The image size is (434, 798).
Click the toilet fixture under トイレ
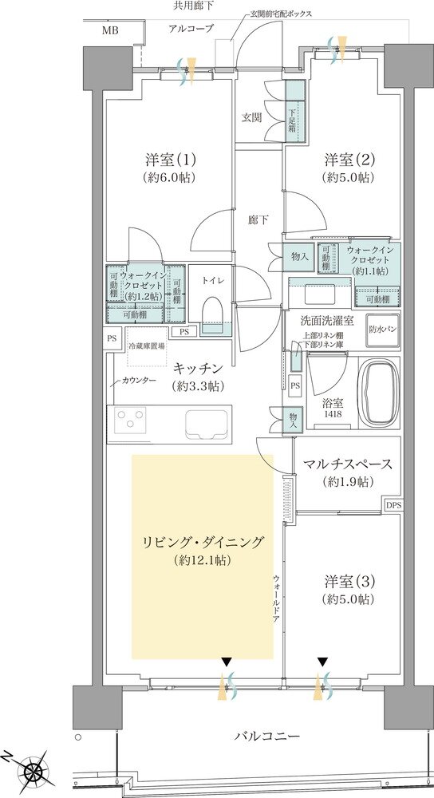213,314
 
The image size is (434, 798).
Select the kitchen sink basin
207,422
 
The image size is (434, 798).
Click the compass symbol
34,771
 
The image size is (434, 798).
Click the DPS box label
393,505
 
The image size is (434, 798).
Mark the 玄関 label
252,117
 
